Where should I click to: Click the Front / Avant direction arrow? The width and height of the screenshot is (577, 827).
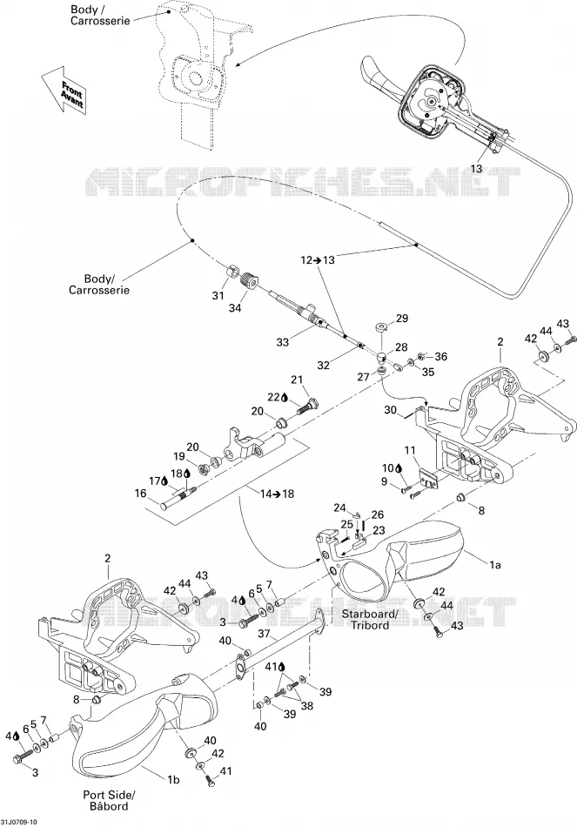(64, 89)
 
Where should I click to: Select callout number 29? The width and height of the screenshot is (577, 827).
(402, 319)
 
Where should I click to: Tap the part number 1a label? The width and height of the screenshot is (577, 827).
(494, 565)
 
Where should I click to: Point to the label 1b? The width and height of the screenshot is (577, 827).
(172, 779)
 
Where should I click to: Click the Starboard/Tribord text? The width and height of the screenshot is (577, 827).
(369, 619)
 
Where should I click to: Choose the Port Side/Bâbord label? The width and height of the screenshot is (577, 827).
(109, 800)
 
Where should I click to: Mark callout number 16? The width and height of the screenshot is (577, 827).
(140, 493)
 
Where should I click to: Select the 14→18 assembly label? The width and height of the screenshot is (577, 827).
(277, 494)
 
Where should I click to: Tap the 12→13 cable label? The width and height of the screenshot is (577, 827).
(318, 259)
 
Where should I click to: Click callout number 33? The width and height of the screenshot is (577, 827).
(282, 342)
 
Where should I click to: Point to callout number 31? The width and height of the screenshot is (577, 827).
(218, 296)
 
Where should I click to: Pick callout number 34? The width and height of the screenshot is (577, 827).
(235, 308)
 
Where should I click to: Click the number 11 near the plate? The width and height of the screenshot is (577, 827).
(410, 450)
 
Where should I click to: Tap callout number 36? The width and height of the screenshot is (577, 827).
(440, 357)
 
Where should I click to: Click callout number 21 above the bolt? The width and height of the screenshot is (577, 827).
(298, 380)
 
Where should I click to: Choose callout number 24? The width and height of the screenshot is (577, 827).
(339, 508)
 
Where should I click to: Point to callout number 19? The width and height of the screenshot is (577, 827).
(179, 456)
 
